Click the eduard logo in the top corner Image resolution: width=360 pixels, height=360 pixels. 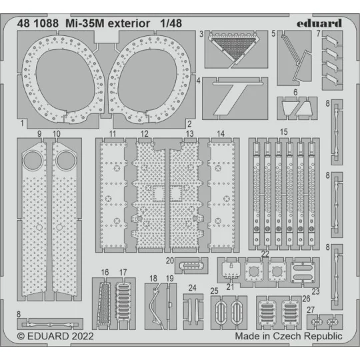(318, 23)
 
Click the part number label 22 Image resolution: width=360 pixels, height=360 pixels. (265, 255)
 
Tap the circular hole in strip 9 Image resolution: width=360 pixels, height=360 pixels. (31, 161)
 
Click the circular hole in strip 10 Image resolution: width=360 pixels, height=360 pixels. (65, 161)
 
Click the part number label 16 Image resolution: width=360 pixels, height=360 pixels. (105, 272)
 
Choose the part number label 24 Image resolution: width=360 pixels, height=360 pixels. (192, 288)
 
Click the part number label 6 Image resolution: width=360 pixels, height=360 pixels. (295, 92)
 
